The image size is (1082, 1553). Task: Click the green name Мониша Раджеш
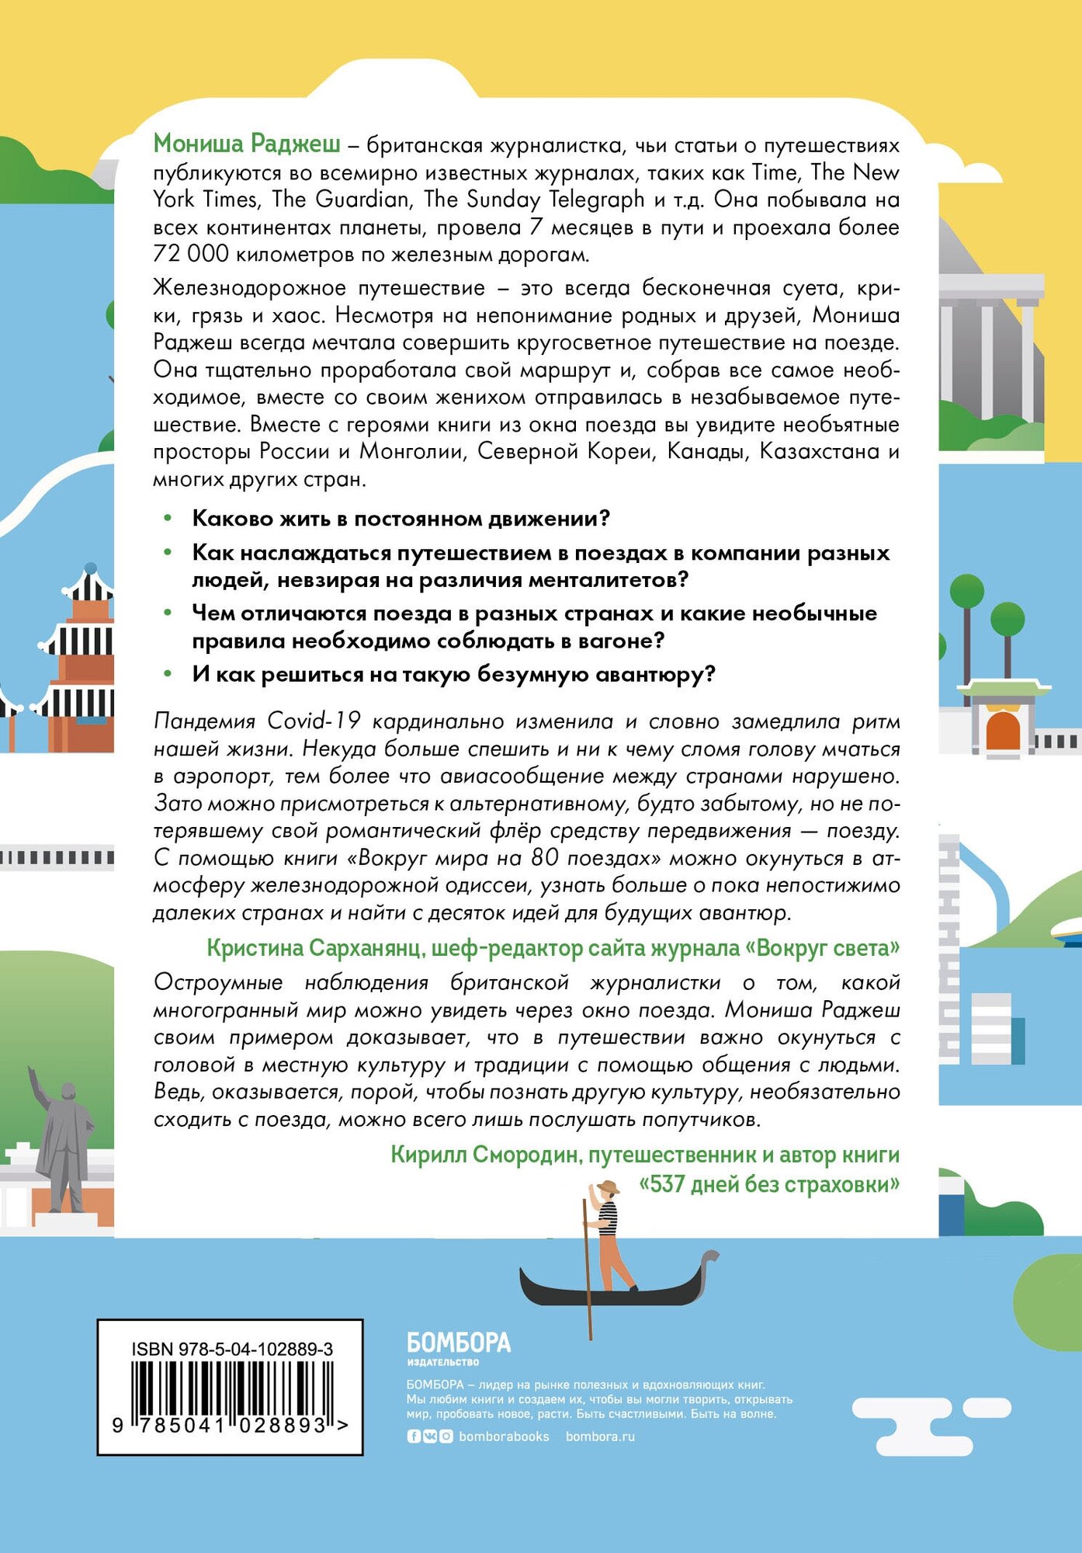pos(246,144)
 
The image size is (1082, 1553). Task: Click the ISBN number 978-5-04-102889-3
pos(255,1350)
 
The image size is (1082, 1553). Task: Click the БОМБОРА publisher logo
pos(459,1343)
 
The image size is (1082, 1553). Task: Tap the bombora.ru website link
pos(600,1437)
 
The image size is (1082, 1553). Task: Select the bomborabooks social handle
pos(504,1437)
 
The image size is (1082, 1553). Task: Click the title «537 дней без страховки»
pos(768,1184)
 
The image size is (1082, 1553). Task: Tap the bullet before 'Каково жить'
pos(167,518)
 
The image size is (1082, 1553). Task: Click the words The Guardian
pos(362,200)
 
